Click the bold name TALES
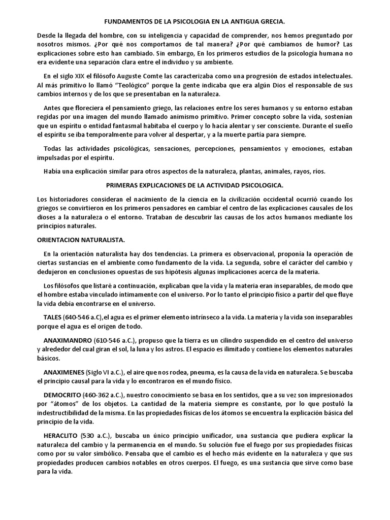pos(53,317)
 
